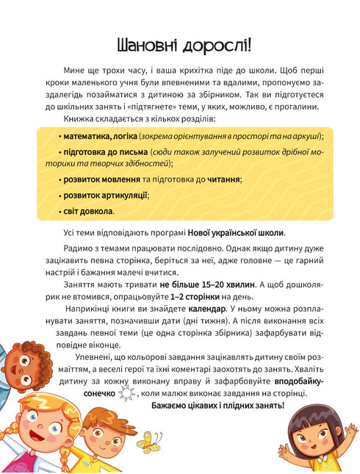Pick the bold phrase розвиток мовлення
pos(97,179)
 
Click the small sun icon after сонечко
pos(127,394)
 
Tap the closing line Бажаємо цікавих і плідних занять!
pos(217,406)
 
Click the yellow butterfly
pos(150,441)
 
